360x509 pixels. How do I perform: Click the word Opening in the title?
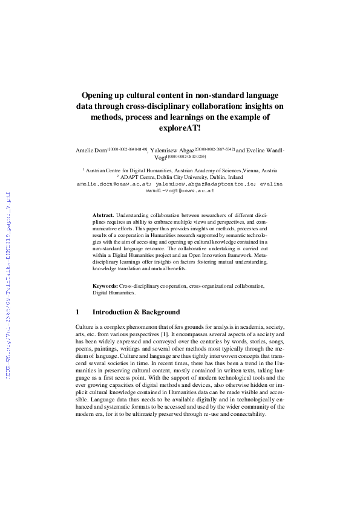pos(101,96)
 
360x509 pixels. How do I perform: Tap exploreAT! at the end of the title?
pos(180,128)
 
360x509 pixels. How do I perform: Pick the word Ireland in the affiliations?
pos(228,177)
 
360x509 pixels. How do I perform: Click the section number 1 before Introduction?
pos(77,313)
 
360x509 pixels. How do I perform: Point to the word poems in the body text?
pos(83,349)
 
